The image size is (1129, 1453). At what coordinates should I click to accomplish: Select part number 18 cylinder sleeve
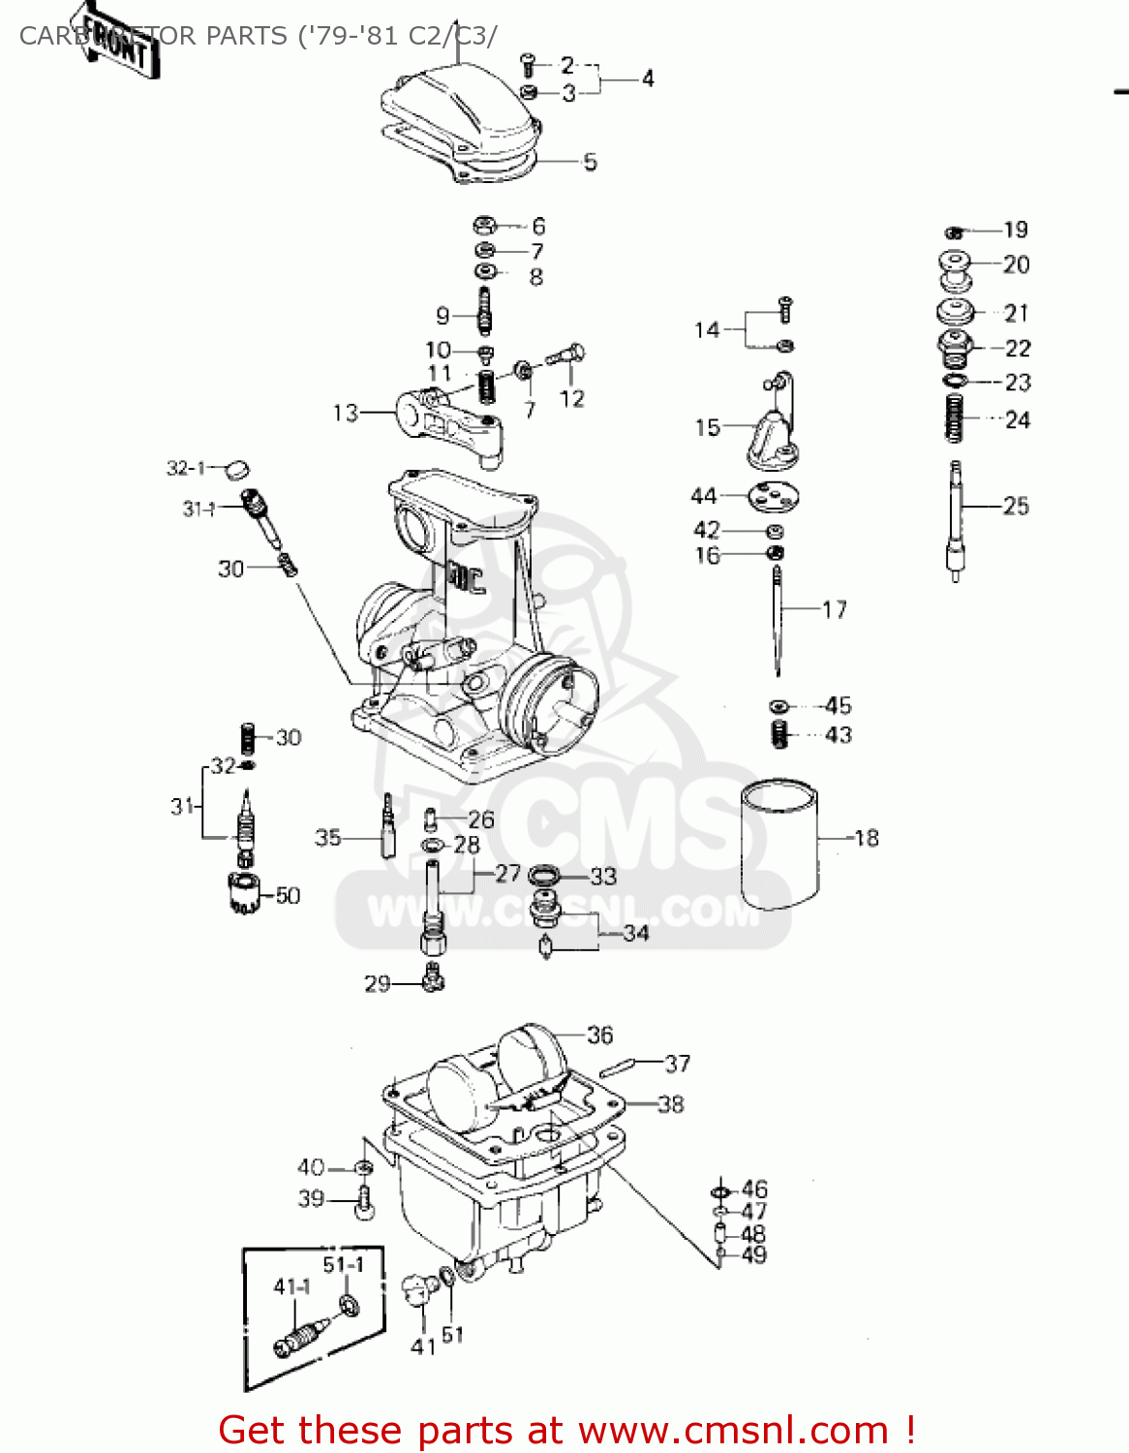778,845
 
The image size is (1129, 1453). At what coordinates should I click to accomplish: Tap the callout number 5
591,162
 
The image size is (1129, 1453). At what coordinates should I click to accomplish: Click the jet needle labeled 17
778,620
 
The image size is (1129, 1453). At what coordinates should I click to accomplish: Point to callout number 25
1016,506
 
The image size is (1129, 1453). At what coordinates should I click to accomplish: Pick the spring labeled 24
955,418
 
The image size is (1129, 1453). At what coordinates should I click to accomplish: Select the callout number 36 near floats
599,1035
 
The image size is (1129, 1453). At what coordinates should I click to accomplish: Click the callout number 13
346,414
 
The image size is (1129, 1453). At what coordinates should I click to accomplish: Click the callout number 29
377,984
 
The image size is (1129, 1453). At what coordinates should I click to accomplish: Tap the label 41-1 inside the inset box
291,1286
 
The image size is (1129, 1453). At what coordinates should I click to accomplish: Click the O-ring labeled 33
544,876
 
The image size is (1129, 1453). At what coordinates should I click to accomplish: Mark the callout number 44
704,496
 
